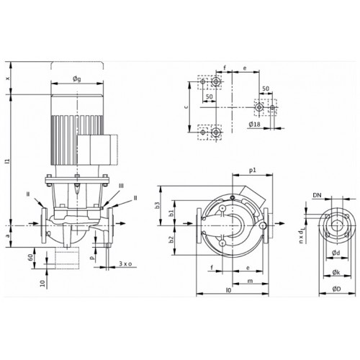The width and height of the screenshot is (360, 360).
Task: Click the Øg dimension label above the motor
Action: pyautogui.click(x=77, y=79)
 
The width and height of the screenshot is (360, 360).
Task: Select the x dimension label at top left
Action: pyautogui.click(x=8, y=78)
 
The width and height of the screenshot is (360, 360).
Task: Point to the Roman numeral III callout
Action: pyautogui.click(x=121, y=186)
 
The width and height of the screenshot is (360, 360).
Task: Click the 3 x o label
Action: pyautogui.click(x=125, y=264)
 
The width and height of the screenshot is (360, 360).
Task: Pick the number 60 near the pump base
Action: pyautogui.click(x=30, y=258)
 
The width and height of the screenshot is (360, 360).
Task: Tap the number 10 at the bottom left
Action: pyautogui.click(x=42, y=284)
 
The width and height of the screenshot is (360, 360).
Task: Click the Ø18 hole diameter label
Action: pyautogui.click(x=254, y=125)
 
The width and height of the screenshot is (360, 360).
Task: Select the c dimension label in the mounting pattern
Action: pyautogui.click(x=186, y=107)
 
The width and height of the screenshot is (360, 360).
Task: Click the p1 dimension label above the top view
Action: pyautogui.click(x=253, y=171)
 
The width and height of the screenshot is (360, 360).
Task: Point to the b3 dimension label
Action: pyautogui.click(x=157, y=205)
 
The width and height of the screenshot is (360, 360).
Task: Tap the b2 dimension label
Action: pyautogui.click(x=171, y=240)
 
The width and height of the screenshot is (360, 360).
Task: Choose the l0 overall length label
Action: pyautogui.click(x=228, y=290)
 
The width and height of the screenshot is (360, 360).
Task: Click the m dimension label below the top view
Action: pyautogui.click(x=251, y=281)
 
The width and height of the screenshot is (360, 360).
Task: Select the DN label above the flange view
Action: pyautogui.click(x=317, y=195)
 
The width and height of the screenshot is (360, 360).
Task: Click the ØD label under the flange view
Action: pyautogui.click(x=336, y=289)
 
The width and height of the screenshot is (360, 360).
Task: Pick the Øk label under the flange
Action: pyautogui.click(x=336, y=272)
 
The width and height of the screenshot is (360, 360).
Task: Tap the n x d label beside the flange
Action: pyautogui.click(x=301, y=236)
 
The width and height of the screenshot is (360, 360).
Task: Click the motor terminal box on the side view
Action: pyautogui.click(x=96, y=150)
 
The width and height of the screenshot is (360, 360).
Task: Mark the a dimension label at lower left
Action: pyautogui.click(x=8, y=236)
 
